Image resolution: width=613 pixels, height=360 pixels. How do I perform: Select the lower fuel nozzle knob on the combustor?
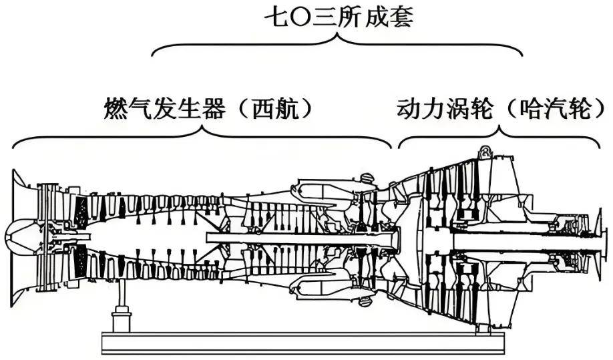365,301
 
